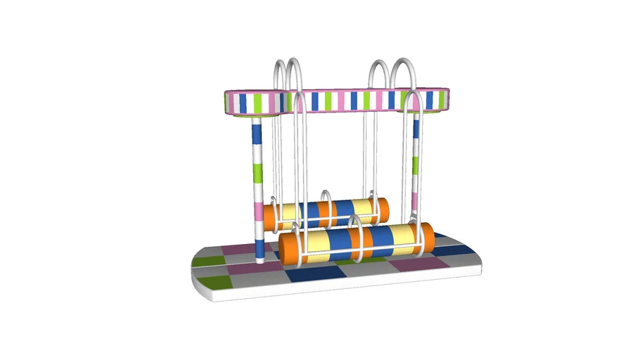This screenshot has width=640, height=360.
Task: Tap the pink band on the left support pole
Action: [258, 210]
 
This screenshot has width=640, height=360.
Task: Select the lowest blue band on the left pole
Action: [260, 247]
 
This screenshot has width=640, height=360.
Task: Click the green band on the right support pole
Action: [416, 165]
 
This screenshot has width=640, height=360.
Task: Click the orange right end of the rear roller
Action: [383, 209]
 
